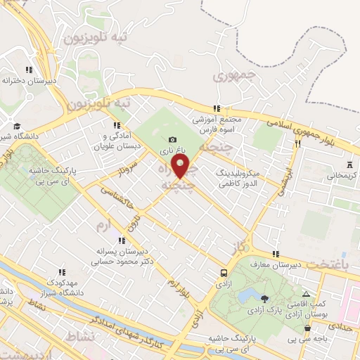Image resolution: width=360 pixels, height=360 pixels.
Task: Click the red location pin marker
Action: click(181, 167)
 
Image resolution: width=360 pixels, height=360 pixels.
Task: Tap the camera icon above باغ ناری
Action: click(174, 141)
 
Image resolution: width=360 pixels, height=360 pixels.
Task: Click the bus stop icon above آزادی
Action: click(224, 272)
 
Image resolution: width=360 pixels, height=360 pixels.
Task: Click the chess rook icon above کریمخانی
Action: click(346, 165)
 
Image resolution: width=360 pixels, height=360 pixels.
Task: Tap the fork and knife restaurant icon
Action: click(298, 144)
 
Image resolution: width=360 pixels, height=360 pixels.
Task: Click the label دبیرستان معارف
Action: click(296, 264)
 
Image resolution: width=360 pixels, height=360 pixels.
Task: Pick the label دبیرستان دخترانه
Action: click(28, 80)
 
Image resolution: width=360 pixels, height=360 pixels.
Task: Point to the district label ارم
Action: click(103, 225)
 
